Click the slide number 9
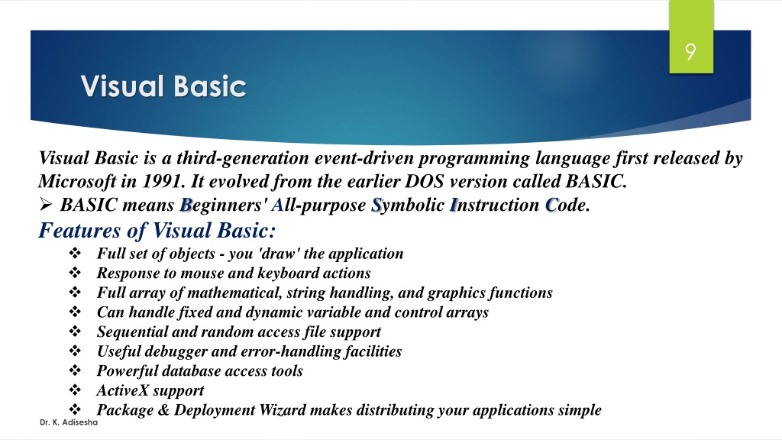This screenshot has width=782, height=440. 690,52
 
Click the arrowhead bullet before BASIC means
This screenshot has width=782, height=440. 46,204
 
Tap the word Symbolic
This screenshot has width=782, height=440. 408,205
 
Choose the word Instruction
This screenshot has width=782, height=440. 494,205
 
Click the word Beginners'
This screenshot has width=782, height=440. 224,205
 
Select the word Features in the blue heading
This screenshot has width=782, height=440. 79,230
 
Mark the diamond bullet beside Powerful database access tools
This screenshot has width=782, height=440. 75,370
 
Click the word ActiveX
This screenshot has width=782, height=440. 123,390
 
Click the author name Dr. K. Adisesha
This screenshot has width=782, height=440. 69,422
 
